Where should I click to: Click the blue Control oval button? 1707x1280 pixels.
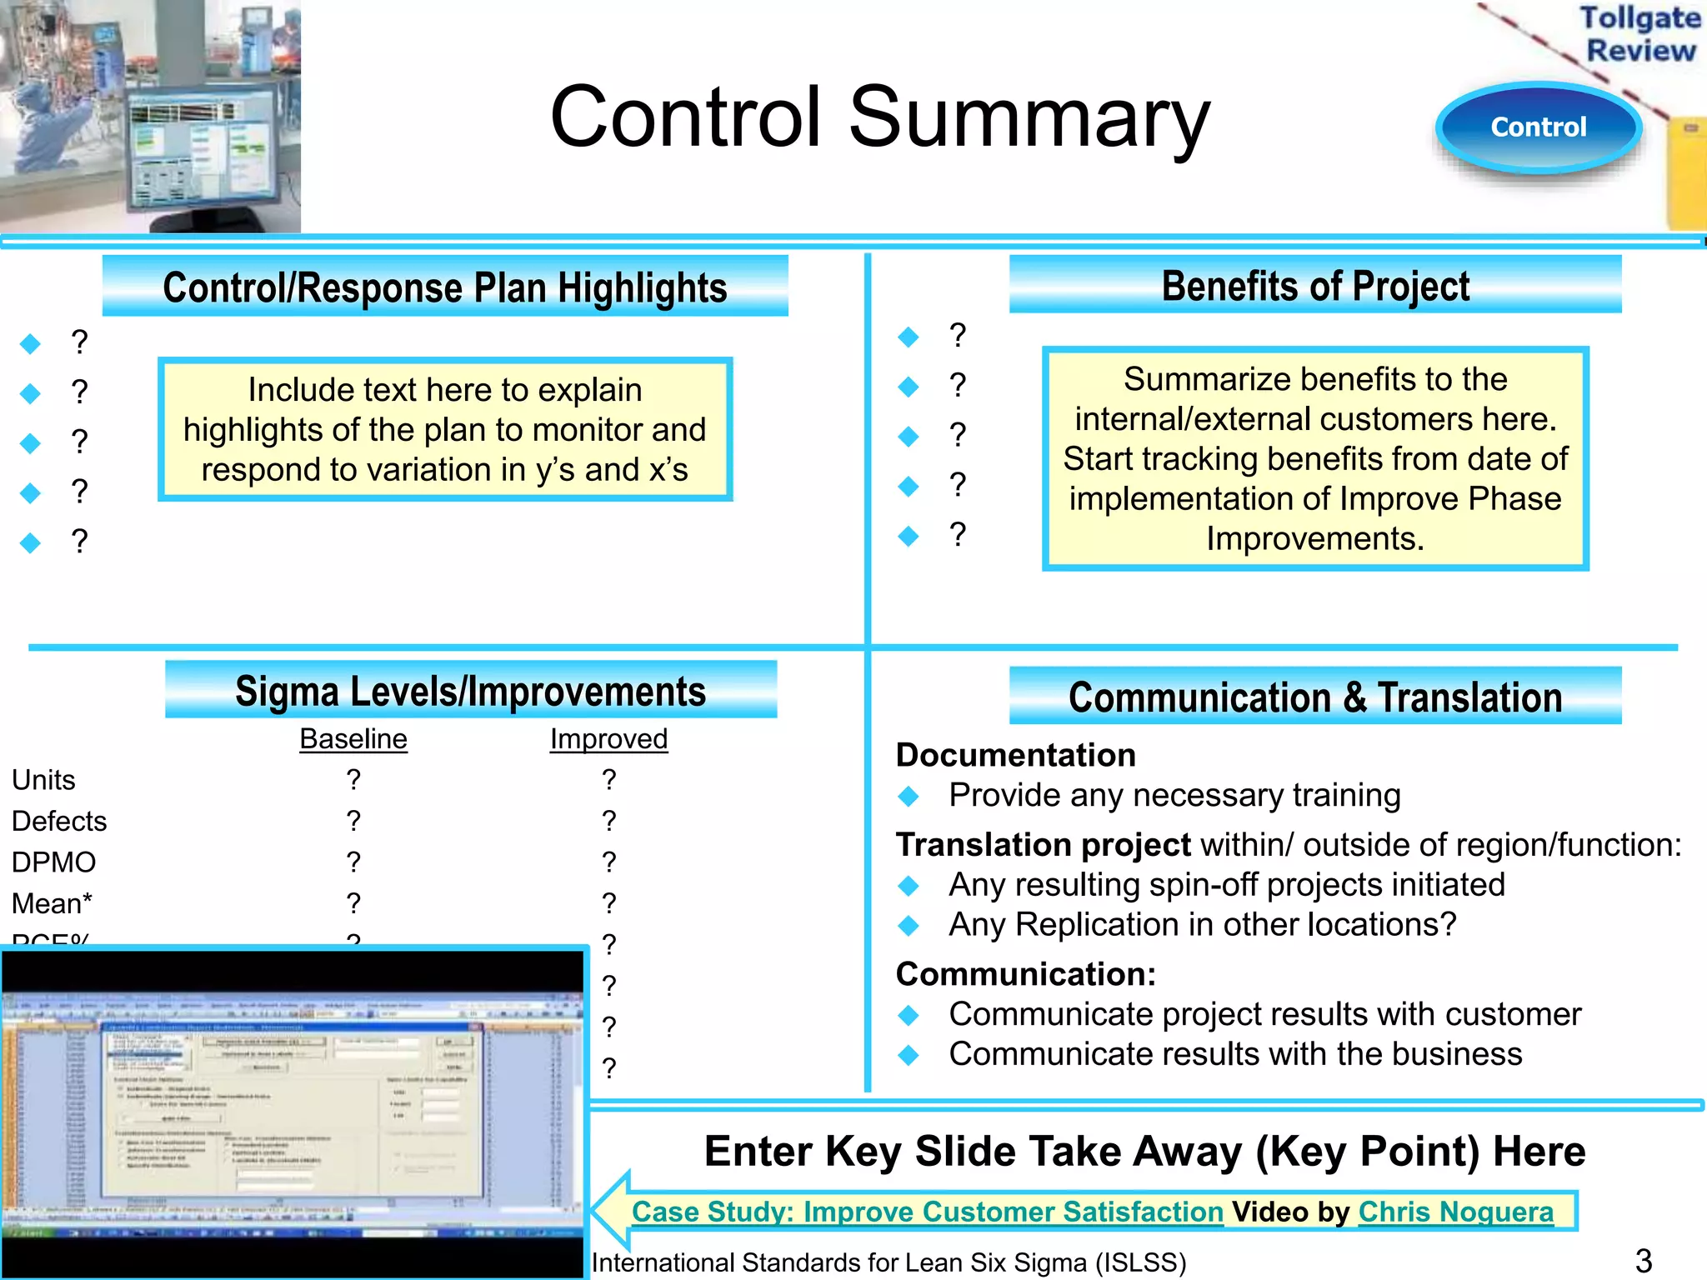(x=1538, y=127)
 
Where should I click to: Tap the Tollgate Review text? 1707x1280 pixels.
(x=1639, y=33)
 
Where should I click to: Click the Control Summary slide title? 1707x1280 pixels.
(x=879, y=117)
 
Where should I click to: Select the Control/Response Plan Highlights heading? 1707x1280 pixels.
(x=445, y=287)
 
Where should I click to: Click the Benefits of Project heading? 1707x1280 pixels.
(x=1315, y=286)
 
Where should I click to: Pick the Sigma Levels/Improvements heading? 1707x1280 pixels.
(x=470, y=691)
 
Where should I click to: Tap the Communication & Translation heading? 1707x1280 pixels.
(x=1315, y=697)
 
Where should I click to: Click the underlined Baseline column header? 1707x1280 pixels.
(x=353, y=739)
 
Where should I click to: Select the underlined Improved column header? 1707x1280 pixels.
(x=608, y=739)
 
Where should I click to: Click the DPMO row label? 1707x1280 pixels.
(x=54, y=862)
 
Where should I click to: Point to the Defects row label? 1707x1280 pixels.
(x=59, y=821)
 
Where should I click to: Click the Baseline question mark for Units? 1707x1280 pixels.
(x=353, y=780)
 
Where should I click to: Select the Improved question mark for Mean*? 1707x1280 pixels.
(x=609, y=902)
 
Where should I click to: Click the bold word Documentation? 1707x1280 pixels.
(x=1015, y=755)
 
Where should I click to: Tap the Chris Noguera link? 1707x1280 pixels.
(x=1455, y=1211)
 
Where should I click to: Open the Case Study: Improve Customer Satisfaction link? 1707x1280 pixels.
(x=927, y=1211)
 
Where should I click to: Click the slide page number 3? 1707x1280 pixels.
(x=1643, y=1260)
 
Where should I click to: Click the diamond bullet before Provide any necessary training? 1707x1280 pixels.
(x=909, y=797)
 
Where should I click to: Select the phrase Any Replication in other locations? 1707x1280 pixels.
(x=1202, y=924)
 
